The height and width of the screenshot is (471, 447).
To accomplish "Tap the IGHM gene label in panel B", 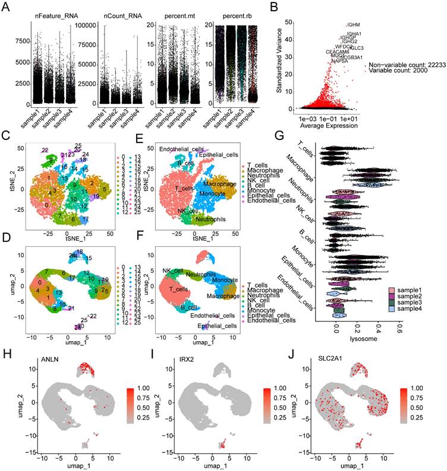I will pyautogui.click(x=354, y=25).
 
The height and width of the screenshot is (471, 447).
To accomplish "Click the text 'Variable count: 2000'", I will pyautogui.click(x=398, y=71).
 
